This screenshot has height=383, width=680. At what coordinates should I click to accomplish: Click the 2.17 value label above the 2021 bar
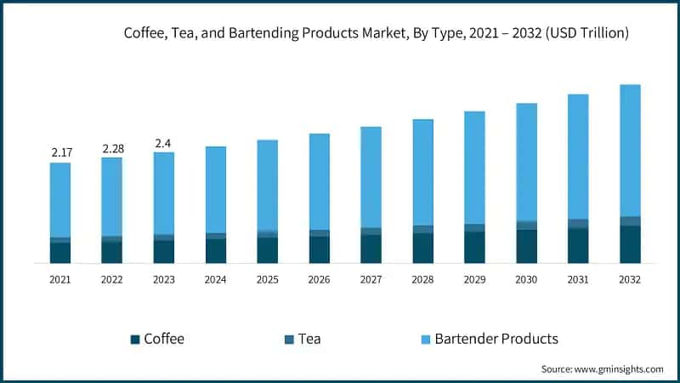click(61, 152)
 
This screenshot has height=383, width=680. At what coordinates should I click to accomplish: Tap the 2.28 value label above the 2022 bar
click(113, 149)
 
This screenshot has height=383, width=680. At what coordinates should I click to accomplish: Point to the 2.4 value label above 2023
click(163, 143)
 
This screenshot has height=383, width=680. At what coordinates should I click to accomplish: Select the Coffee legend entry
click(163, 339)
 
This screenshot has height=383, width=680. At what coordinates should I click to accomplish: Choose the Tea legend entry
click(310, 339)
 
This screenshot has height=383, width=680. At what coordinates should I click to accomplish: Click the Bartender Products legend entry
click(496, 339)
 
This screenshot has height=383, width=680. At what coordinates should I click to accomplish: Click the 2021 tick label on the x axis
click(60, 279)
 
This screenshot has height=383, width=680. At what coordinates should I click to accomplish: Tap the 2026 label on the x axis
click(319, 279)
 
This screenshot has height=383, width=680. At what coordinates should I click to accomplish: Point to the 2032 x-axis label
click(630, 279)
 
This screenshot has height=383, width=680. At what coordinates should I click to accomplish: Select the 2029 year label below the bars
click(474, 279)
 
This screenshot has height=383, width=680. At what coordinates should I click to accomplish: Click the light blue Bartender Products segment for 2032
click(630, 150)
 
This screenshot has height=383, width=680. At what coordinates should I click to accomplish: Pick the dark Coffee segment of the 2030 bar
click(526, 246)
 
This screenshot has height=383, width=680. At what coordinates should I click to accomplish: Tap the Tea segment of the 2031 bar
click(578, 223)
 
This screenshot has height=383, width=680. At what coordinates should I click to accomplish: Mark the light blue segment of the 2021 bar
click(60, 199)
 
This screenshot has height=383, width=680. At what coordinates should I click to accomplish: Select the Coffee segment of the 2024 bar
click(216, 251)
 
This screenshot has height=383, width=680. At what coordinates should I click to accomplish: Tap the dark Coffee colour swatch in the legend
click(135, 340)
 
